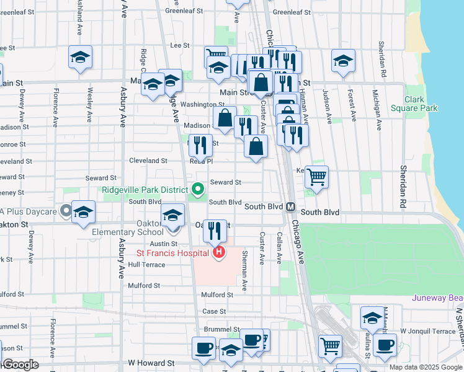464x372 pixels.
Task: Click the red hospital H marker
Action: coord(218,252)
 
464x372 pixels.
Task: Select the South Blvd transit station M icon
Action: coord(290,206)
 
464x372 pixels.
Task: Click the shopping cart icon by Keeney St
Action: coord(316,177)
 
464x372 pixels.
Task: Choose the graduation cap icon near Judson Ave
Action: coord(342,60)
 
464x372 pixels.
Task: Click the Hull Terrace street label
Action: coord(147,265)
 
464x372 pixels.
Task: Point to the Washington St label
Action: coord(202,105)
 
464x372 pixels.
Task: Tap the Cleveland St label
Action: coord(148,161)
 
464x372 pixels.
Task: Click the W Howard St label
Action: coord(151,362)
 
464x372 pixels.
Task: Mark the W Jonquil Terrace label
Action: coord(428,332)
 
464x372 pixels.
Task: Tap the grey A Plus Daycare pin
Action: coord(66,211)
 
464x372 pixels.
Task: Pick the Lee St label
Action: coord(179,45)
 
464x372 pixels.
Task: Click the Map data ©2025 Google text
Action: coord(426,367)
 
